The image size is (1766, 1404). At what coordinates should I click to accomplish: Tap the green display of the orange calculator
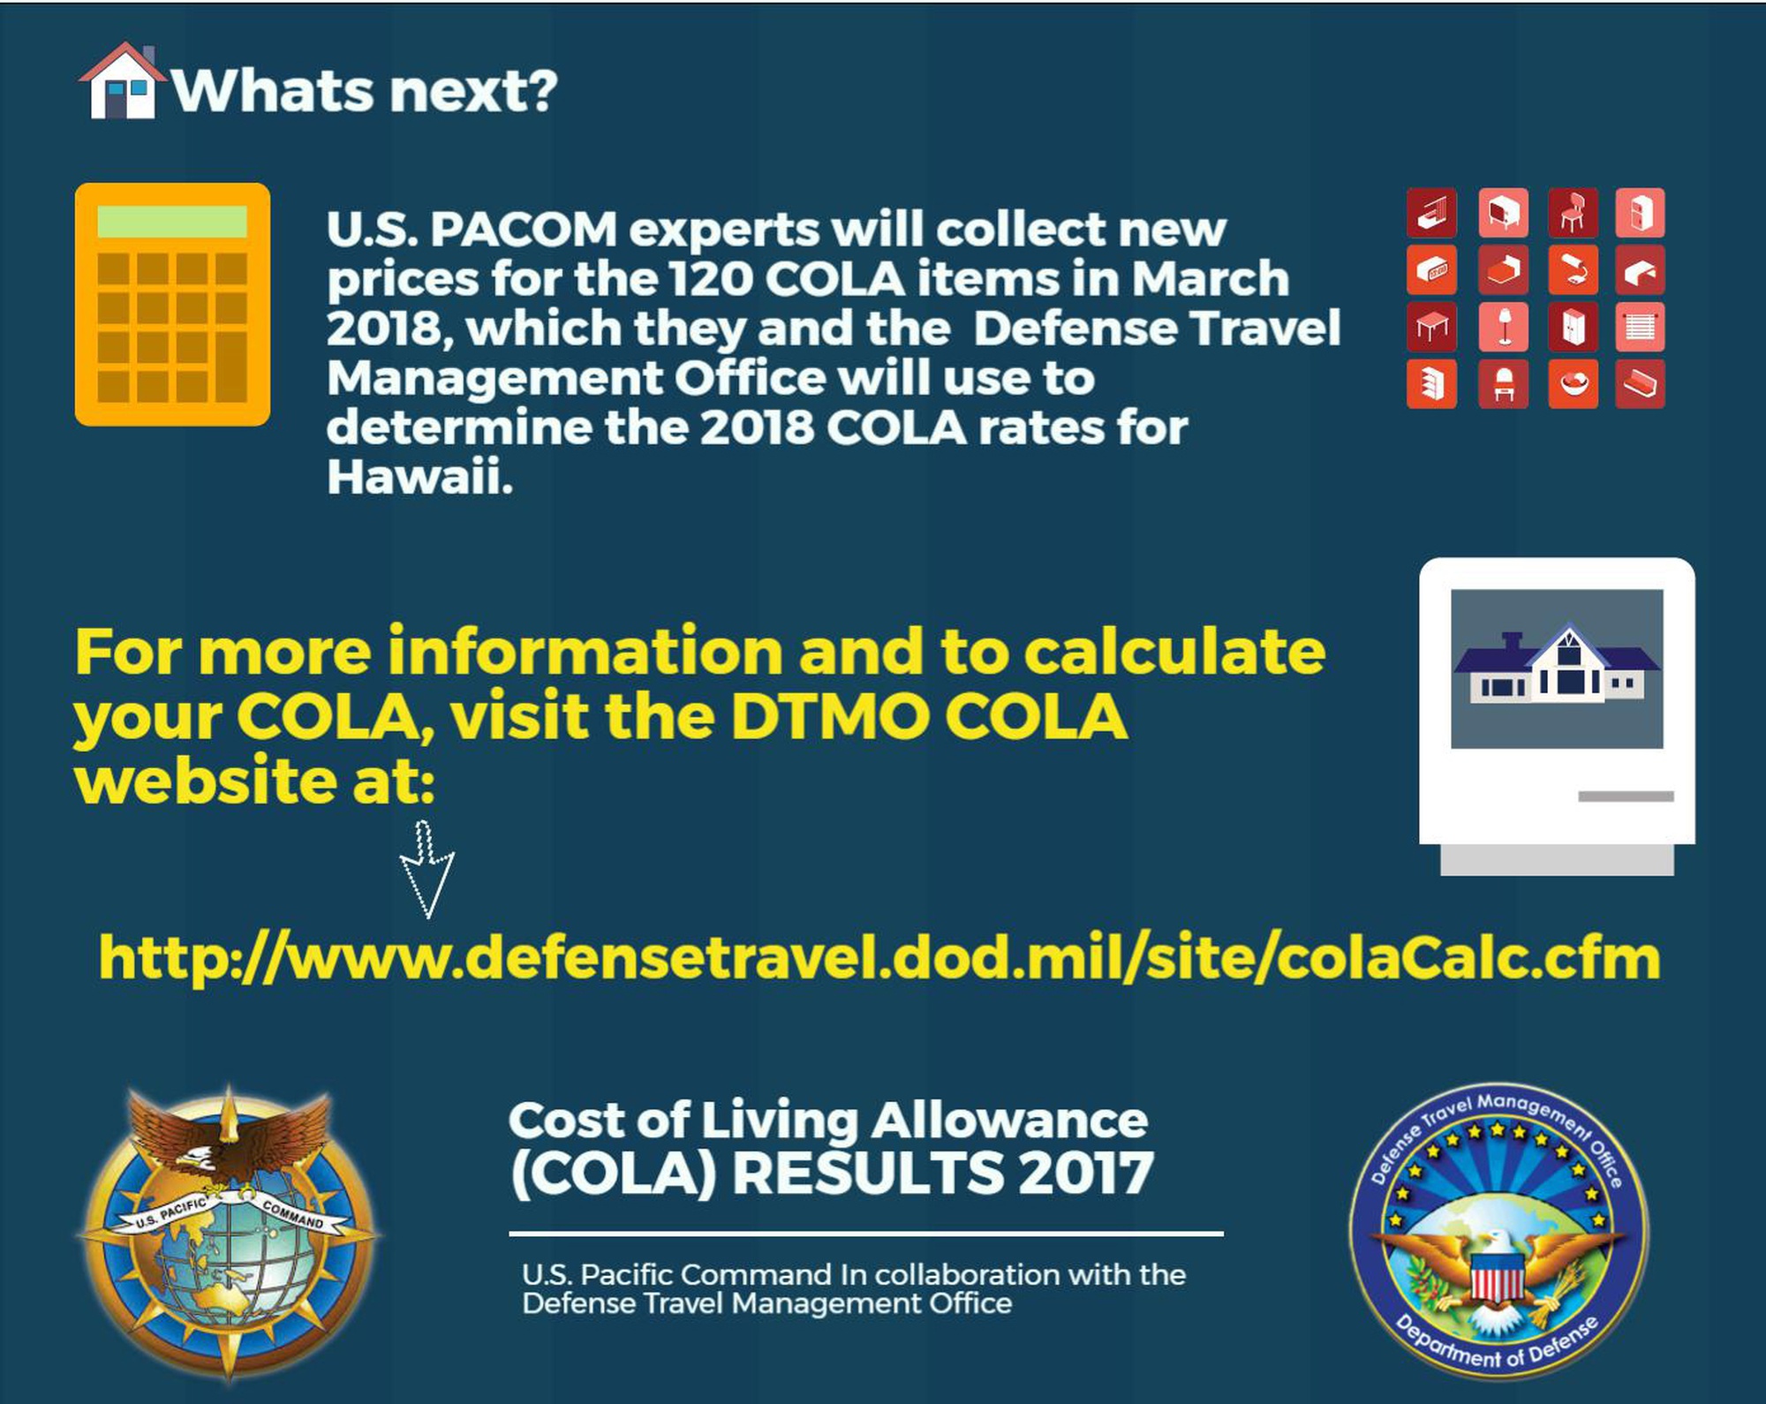[x=172, y=222]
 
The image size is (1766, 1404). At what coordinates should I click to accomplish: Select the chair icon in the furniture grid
[x=1573, y=213]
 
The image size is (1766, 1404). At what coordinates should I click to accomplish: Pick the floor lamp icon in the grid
[x=1503, y=328]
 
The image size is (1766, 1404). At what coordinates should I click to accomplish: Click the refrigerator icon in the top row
[x=1641, y=213]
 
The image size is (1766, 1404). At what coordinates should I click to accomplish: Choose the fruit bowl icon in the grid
[x=1573, y=384]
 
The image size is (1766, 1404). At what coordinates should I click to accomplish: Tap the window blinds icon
[x=1641, y=328]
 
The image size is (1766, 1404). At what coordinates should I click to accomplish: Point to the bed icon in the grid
[x=1503, y=270]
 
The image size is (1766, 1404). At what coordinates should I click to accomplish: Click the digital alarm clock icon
[x=1431, y=270]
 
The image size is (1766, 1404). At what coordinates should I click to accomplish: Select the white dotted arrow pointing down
[x=426, y=870]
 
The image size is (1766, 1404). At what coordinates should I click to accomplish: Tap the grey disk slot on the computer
[x=1626, y=796]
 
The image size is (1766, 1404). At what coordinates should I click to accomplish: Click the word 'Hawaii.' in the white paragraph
[x=419, y=477]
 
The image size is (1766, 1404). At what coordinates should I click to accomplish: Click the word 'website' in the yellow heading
[x=206, y=782]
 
